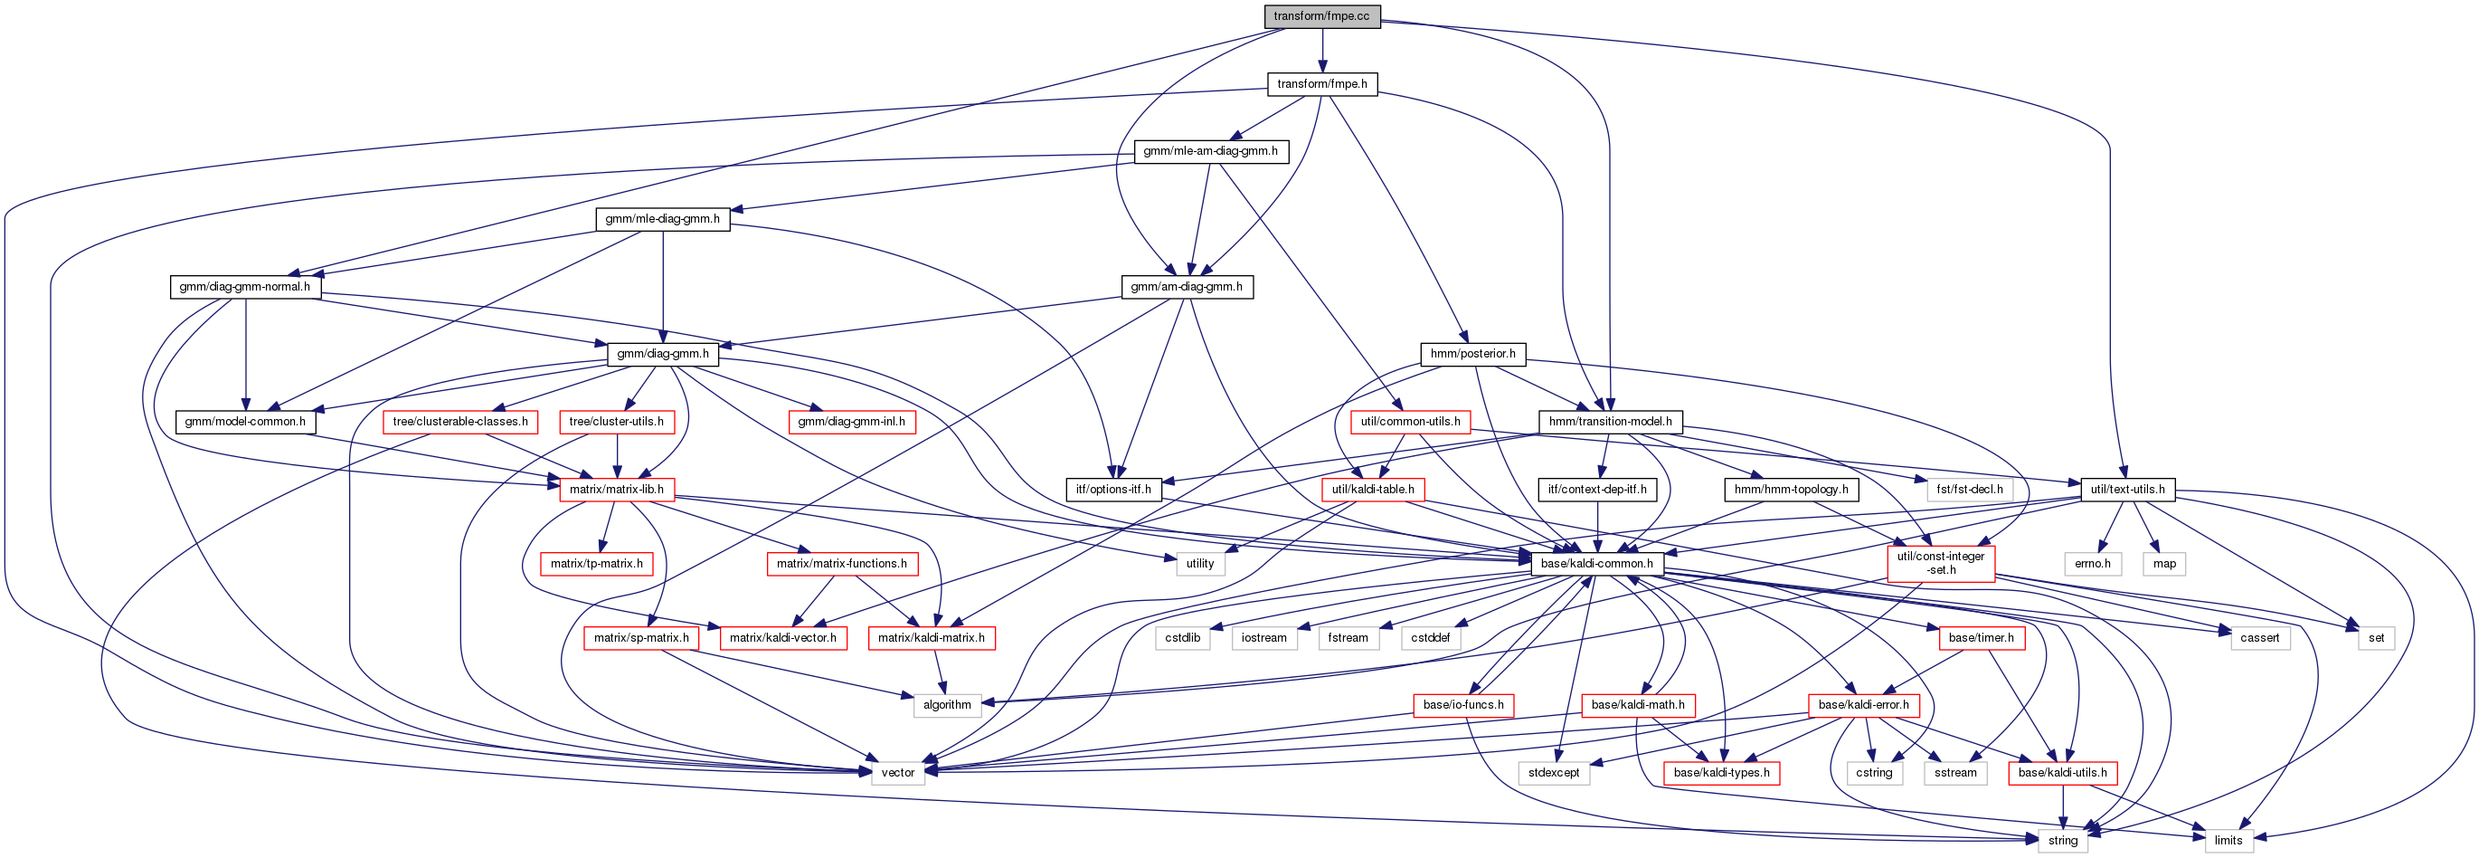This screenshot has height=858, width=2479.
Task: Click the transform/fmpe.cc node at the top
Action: (x=1321, y=16)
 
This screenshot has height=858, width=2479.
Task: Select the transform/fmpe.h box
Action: (x=1321, y=84)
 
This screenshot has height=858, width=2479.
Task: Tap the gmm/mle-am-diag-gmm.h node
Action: (x=1210, y=151)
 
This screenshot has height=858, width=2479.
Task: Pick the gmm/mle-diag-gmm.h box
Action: (x=662, y=219)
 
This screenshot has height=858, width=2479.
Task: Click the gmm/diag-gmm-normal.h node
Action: (x=244, y=286)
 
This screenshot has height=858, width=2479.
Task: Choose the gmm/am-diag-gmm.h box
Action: (x=1186, y=286)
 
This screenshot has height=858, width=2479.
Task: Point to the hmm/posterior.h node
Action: (x=1472, y=353)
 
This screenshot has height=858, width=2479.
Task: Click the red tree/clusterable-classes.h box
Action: (x=460, y=421)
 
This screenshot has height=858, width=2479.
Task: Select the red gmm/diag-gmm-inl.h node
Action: (x=851, y=421)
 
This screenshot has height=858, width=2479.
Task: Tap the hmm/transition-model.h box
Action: (x=1610, y=421)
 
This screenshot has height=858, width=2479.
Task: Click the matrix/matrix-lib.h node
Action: (x=616, y=489)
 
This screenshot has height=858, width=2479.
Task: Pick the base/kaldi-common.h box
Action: (x=1596, y=563)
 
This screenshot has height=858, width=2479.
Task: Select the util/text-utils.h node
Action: (x=2127, y=489)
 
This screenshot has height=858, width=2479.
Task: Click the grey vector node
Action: (x=897, y=772)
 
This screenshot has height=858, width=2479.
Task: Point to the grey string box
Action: (x=2062, y=840)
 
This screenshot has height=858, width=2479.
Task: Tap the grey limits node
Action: (x=2228, y=840)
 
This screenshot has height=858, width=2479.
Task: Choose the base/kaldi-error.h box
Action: (x=1863, y=705)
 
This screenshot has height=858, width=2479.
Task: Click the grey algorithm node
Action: (x=947, y=705)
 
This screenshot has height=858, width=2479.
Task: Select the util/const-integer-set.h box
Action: (x=1940, y=563)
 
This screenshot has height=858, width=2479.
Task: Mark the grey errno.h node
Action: (x=2092, y=563)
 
